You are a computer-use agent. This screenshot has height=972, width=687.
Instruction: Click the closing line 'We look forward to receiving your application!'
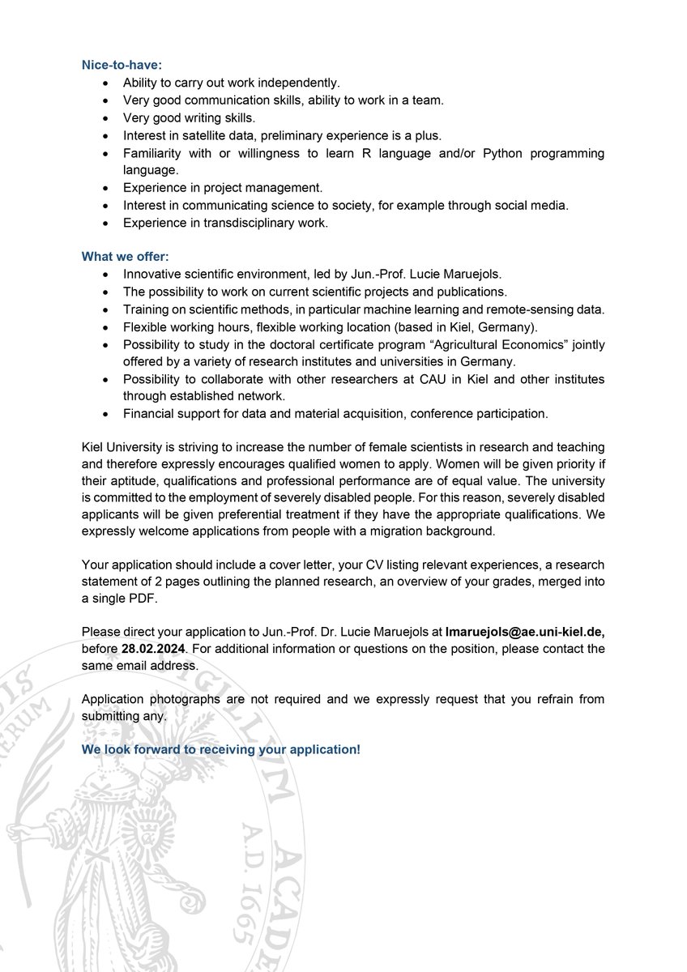[220, 749]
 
